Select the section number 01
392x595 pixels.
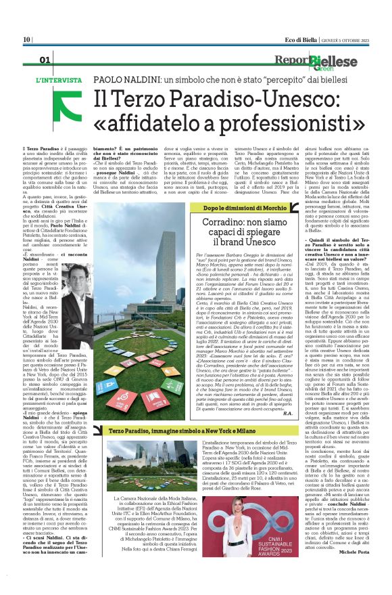pos(45,61)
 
